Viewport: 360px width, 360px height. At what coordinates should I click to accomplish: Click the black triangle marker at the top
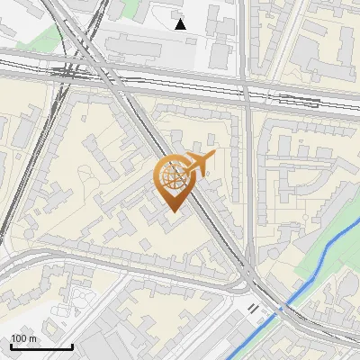[x=181, y=24]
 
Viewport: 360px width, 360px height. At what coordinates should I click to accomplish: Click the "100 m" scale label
[x=24, y=337]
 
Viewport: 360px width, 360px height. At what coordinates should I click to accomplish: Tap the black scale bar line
[x=41, y=346]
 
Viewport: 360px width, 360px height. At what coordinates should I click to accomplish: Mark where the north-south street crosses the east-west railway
[x=246, y=90]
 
